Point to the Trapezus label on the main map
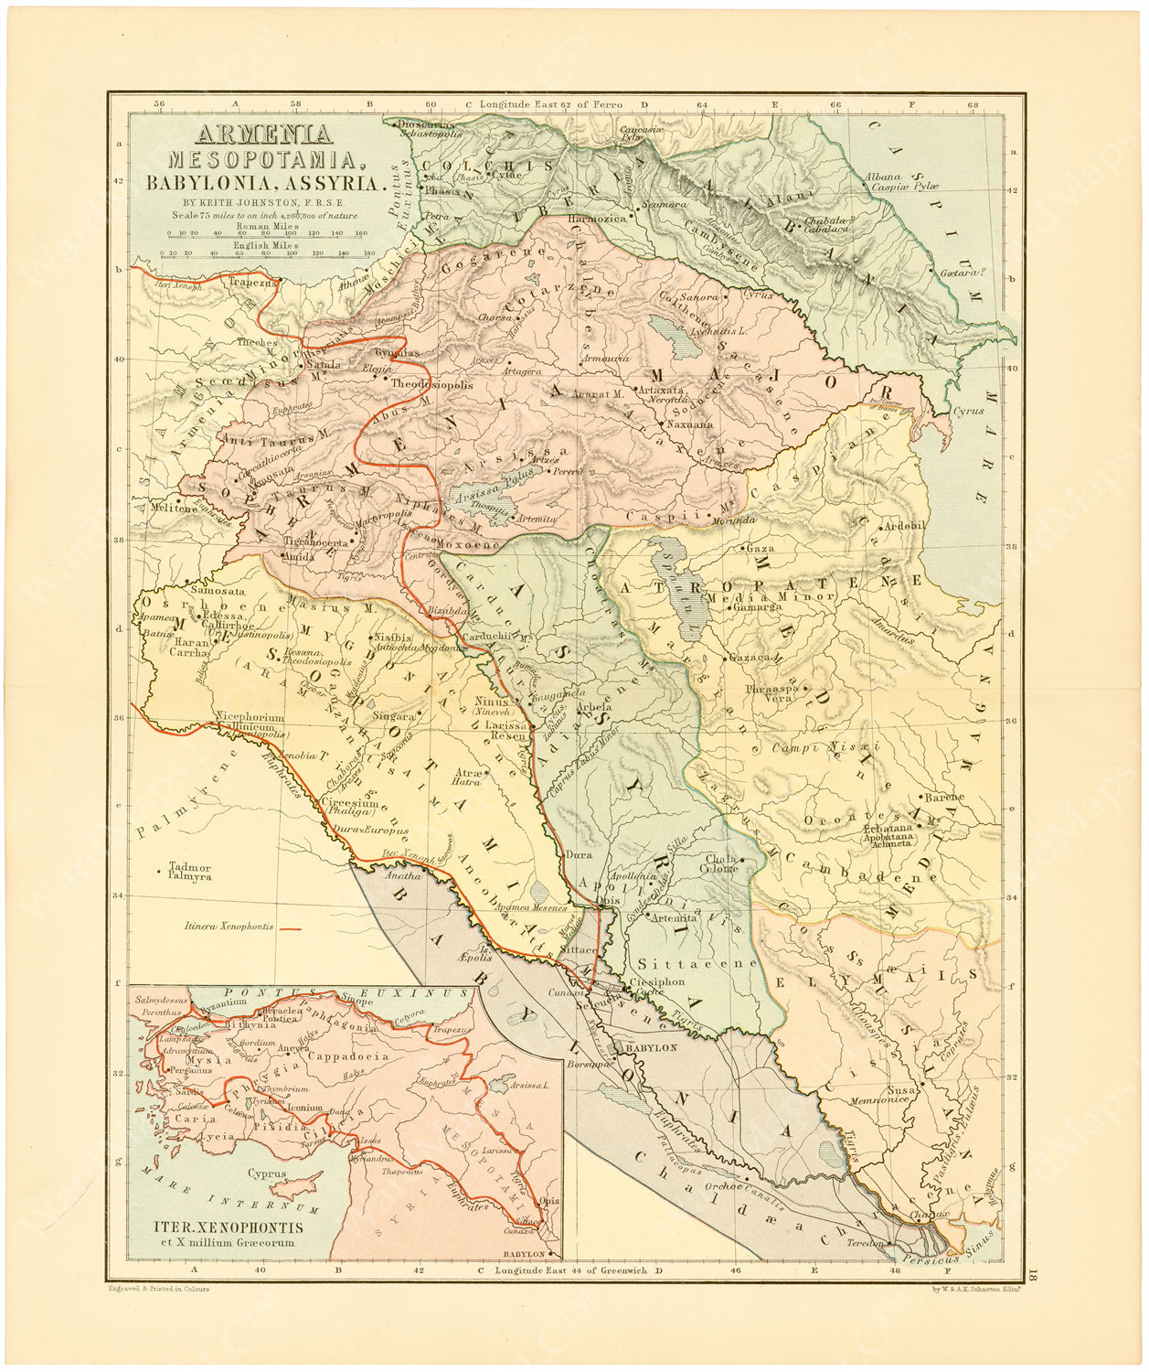(x=252, y=283)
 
